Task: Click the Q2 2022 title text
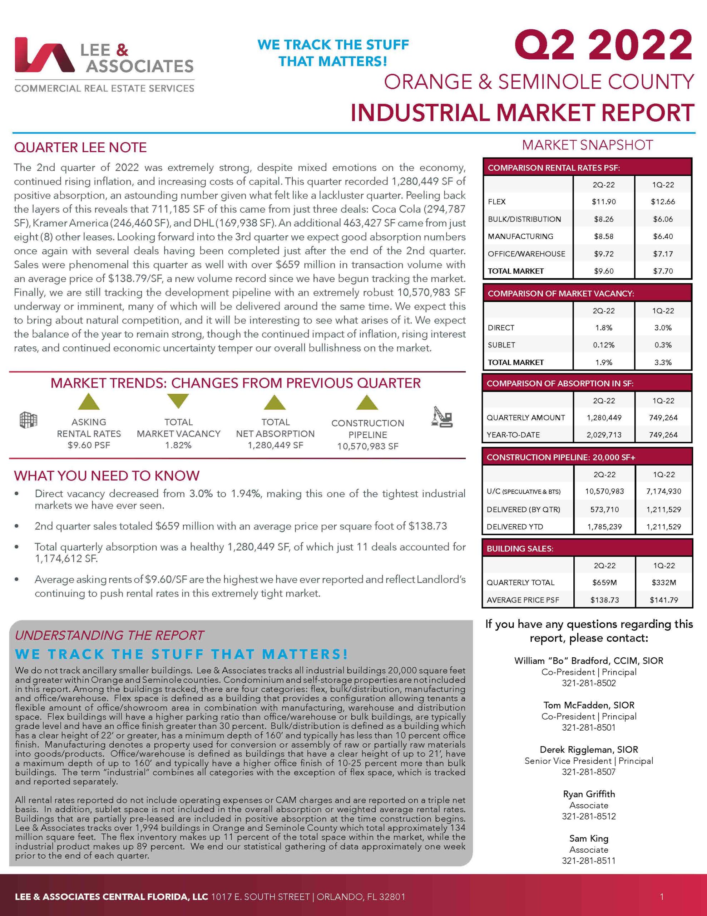pyautogui.click(x=603, y=46)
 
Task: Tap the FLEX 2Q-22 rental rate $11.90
pyautogui.click(x=603, y=202)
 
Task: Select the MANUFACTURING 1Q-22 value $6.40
pyautogui.click(x=663, y=237)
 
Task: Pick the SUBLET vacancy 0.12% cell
pyautogui.click(x=603, y=345)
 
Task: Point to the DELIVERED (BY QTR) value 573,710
pyautogui.click(x=604, y=510)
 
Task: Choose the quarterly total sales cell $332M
pyautogui.click(x=663, y=583)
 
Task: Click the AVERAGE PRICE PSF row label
pyautogui.click(x=523, y=600)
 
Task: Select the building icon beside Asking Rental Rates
pyautogui.click(x=29, y=419)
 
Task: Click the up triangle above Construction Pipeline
pyautogui.click(x=367, y=403)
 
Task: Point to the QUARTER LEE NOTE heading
pyautogui.click(x=80, y=148)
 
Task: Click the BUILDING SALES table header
pyautogui.click(x=520, y=549)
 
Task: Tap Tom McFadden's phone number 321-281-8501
pyautogui.click(x=588, y=727)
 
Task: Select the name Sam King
pyautogui.click(x=588, y=838)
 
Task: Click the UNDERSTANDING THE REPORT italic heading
pyautogui.click(x=109, y=635)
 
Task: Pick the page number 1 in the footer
pyautogui.click(x=662, y=897)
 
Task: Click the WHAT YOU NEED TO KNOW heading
pyautogui.click(x=107, y=476)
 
